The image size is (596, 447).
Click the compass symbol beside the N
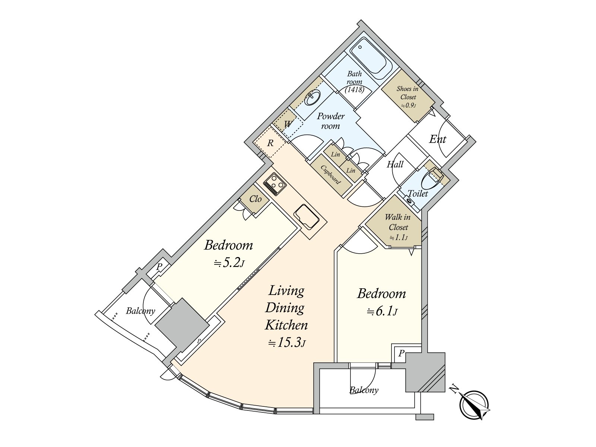[474, 405]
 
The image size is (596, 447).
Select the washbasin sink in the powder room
[313, 98]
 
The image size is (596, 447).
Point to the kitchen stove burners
[275, 185]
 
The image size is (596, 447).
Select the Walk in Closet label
[398, 227]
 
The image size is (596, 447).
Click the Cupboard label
[330, 174]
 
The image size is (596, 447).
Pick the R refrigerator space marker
[270, 143]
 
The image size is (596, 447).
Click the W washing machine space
[288, 124]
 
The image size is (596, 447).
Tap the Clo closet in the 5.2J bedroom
[255, 199]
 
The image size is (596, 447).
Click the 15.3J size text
[287, 343]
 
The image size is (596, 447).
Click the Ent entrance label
[437, 139]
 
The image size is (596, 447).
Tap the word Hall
[395, 164]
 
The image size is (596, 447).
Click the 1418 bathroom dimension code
[355, 89]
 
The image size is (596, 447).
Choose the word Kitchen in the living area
[286, 325]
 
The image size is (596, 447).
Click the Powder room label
[331, 121]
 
